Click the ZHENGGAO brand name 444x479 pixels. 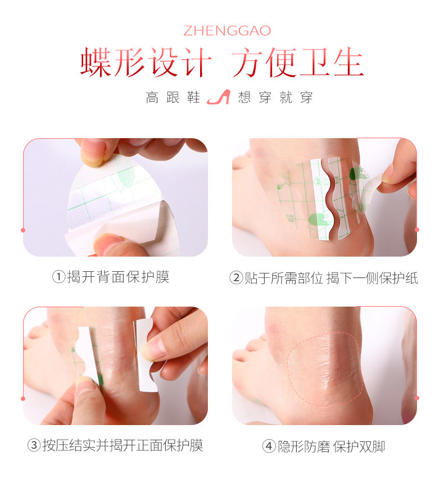(227, 31)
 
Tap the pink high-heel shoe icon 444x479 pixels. (219, 97)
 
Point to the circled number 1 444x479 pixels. (58, 277)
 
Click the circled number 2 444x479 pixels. (236, 278)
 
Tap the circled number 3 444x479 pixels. (34, 445)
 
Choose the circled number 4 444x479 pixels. (269, 446)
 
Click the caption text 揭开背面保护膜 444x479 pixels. (118, 277)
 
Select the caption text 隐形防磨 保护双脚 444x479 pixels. (331, 446)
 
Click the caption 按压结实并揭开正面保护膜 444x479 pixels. (123, 445)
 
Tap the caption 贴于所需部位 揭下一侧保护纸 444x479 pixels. (331, 278)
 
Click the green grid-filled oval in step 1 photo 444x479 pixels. (126, 176)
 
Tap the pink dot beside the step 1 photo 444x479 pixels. (23, 230)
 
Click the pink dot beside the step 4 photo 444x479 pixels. (417, 398)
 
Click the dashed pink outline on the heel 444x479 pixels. (289, 373)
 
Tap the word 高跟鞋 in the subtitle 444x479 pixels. (173, 98)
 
